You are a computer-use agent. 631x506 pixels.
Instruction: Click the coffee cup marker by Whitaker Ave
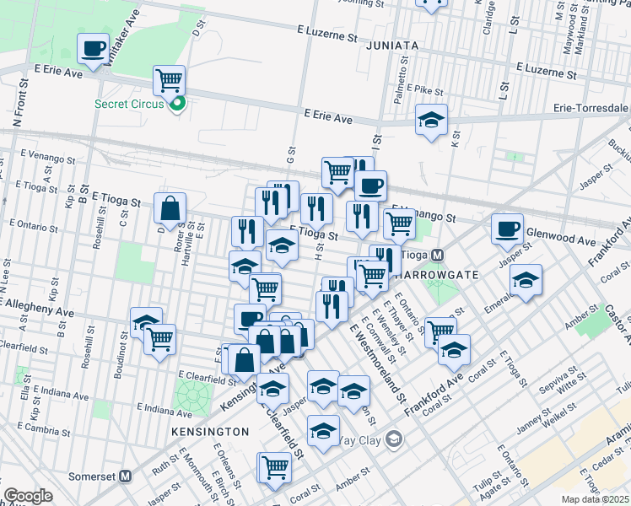[x=93, y=48]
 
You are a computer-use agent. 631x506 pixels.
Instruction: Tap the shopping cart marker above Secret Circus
[x=170, y=81]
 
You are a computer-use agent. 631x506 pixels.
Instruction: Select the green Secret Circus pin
[x=177, y=105]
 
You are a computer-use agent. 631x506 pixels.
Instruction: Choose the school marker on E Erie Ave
[x=431, y=121]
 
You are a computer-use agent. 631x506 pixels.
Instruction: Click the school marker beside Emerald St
[x=526, y=280]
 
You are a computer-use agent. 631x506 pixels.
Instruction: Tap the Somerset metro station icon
[x=126, y=476]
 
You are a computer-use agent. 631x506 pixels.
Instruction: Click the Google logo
[x=28, y=496]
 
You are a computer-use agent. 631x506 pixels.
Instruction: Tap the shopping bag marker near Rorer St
[x=170, y=208]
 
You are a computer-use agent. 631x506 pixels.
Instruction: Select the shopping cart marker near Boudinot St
[x=159, y=340]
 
